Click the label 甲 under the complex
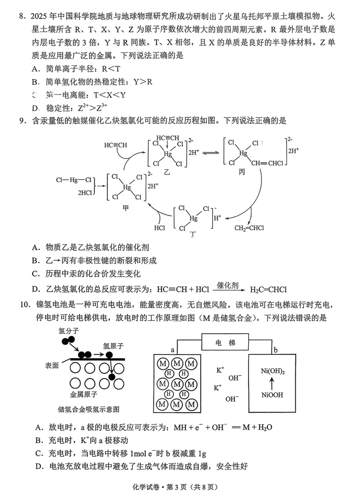pyautogui.click(x=126, y=208)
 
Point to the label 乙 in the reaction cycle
pyautogui.click(x=167, y=172)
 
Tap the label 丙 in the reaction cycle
pyautogui.click(x=242, y=172)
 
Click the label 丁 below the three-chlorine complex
pyautogui.click(x=193, y=235)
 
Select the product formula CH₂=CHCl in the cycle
pyautogui.click(x=249, y=228)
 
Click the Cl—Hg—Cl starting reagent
pyautogui.click(x=74, y=180)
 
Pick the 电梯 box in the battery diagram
pyautogui.click(x=225, y=342)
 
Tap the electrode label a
pyautogui.click(x=172, y=350)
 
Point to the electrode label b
pyautogui.click(x=276, y=350)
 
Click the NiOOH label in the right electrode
pyautogui.click(x=272, y=395)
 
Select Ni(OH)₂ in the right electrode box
pyautogui.click(x=272, y=371)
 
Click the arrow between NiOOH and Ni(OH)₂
pyautogui.click(x=272, y=383)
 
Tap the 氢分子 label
pyautogui.click(x=69, y=331)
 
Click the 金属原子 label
pyautogui.click(x=84, y=394)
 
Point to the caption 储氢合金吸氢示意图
pyautogui.click(x=89, y=409)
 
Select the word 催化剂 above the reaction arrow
pyautogui.click(x=228, y=285)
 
